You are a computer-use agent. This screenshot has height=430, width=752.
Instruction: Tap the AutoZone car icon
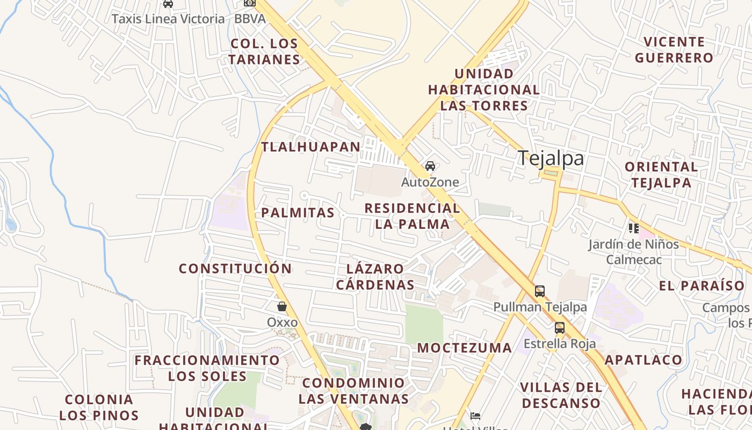click(430, 166)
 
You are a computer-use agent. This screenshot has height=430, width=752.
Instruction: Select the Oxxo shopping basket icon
click(282, 306)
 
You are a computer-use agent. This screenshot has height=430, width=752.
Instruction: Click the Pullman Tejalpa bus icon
click(540, 291)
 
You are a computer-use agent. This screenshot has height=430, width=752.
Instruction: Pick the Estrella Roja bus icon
click(560, 327)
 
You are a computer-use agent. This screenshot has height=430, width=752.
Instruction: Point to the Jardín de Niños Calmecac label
click(633, 252)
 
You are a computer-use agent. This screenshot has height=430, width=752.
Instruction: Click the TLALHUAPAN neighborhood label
click(311, 147)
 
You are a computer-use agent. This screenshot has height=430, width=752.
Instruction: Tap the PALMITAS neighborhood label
click(298, 213)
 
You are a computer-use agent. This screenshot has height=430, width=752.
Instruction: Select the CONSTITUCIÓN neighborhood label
click(235, 268)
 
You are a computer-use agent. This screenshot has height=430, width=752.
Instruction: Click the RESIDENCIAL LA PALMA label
click(412, 216)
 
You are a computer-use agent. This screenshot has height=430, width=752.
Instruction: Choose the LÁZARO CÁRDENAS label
click(375, 276)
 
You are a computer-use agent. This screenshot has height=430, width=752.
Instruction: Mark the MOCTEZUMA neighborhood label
click(465, 348)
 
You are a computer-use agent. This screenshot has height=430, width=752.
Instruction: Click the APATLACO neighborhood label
click(643, 360)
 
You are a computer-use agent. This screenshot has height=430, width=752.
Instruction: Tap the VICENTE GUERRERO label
click(674, 49)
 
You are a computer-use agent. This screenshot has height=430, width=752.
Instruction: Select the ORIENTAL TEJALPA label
click(661, 175)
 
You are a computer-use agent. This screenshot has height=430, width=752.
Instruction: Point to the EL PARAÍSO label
click(702, 285)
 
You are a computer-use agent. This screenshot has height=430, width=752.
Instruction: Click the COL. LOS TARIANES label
click(264, 51)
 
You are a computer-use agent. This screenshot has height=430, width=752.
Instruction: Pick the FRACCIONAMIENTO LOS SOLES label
click(207, 368)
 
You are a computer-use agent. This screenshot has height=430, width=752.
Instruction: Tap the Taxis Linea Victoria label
click(168, 19)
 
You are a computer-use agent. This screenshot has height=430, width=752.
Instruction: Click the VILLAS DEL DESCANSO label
click(561, 395)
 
